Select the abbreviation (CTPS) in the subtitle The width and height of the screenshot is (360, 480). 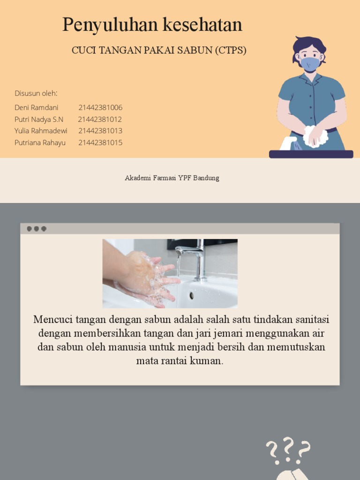coord(231,51)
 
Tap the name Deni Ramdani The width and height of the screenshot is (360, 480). coord(37,107)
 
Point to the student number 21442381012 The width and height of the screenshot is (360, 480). coord(100,119)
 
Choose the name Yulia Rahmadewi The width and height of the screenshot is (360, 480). coord(41,131)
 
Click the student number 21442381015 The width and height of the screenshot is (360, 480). coord(100,142)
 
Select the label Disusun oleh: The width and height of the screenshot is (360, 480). coord(36,93)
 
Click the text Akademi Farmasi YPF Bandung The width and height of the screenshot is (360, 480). coord(172,178)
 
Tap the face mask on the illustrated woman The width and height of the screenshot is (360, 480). coord(310,64)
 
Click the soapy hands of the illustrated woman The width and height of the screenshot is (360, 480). coord(315,136)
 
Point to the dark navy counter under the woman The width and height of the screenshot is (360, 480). coord(311,154)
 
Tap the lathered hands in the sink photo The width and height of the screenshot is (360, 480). coord(148,277)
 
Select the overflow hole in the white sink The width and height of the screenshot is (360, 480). coord(191,295)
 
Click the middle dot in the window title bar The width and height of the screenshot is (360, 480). coord(36,229)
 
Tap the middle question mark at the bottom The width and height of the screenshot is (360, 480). coord(288,447)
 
